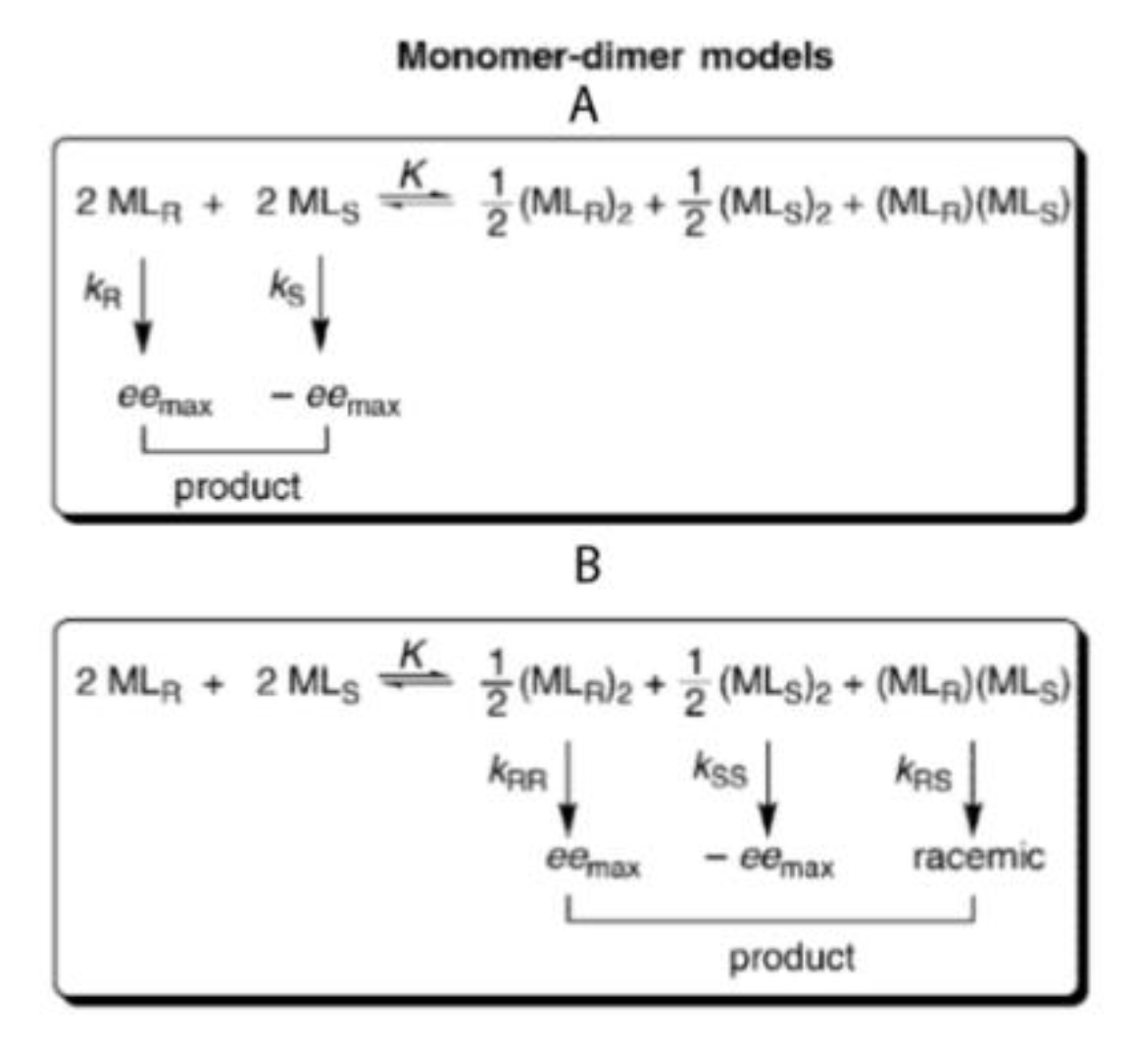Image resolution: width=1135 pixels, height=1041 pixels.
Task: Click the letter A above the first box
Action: point(584,106)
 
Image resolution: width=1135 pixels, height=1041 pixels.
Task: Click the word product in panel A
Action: point(237,486)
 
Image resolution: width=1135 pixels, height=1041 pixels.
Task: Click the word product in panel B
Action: point(792,956)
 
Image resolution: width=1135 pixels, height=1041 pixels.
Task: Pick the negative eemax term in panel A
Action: point(335,402)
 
